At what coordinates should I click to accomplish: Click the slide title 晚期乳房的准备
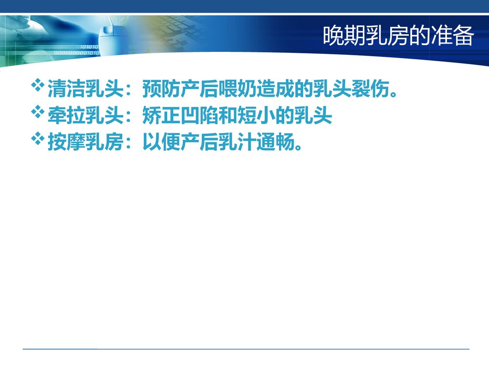398,37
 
